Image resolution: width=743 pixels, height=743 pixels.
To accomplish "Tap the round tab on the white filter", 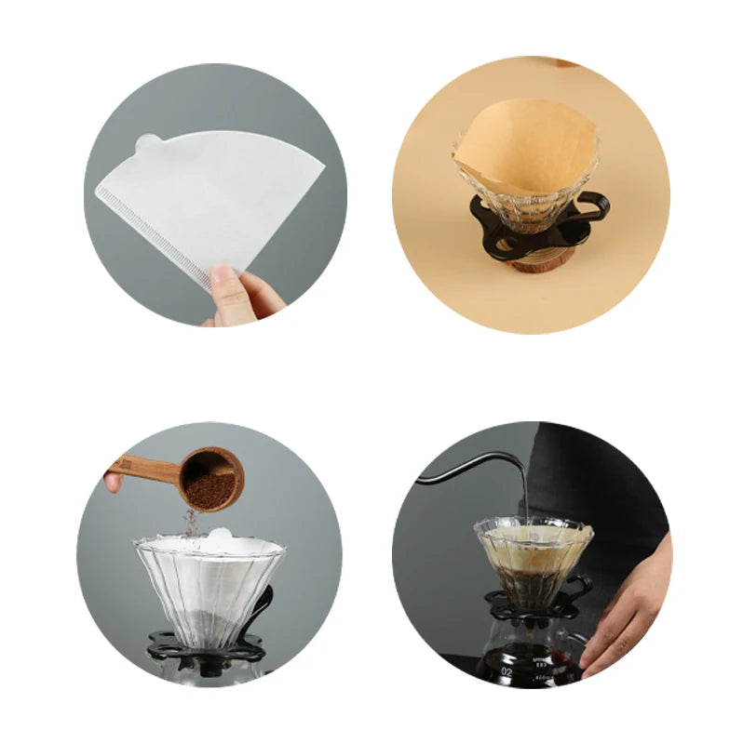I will tap(147, 144).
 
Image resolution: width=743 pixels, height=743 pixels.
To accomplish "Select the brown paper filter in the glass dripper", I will tap(526, 149).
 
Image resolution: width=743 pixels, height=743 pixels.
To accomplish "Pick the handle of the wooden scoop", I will tap(144, 470).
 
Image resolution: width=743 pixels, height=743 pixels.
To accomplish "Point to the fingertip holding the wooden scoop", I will tap(113, 482).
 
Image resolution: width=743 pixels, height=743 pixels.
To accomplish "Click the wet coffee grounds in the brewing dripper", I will tap(531, 581).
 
